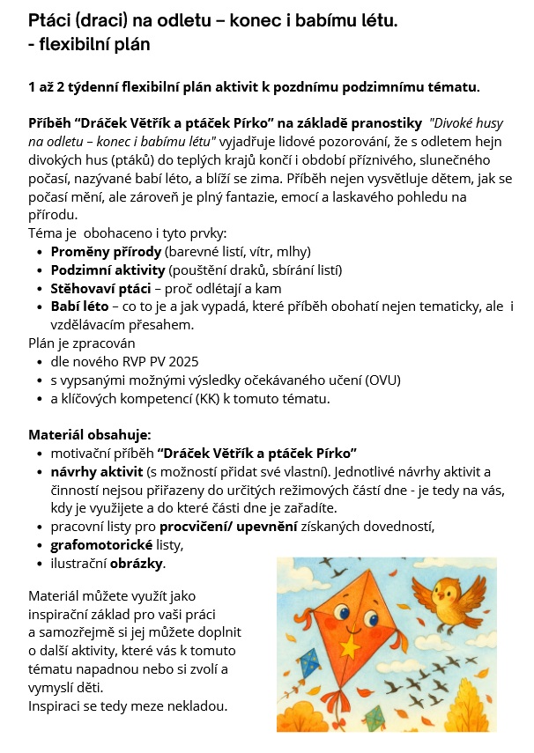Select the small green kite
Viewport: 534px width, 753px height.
(x=374, y=715)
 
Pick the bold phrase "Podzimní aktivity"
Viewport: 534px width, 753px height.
(x=107, y=269)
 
